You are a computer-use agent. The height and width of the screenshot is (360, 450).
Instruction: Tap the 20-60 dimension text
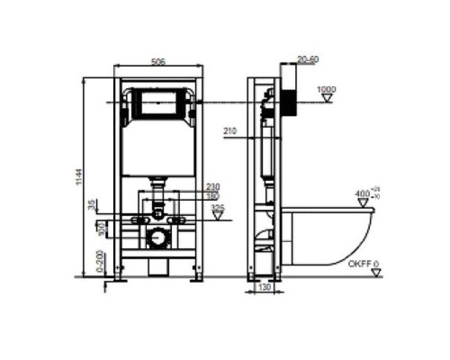coord(306,60)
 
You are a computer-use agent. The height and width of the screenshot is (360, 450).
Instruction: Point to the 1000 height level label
coord(326,90)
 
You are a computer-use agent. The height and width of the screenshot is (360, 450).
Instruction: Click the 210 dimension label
coord(229,131)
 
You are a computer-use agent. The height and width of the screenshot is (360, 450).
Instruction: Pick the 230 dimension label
coord(213,186)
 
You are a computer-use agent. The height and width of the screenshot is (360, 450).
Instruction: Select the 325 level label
coord(217,208)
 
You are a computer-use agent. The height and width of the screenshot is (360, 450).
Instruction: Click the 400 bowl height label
coord(362,193)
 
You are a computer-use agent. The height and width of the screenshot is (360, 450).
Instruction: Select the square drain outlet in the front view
coord(158,238)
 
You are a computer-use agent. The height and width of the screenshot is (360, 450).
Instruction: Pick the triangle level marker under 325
coord(217,218)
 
